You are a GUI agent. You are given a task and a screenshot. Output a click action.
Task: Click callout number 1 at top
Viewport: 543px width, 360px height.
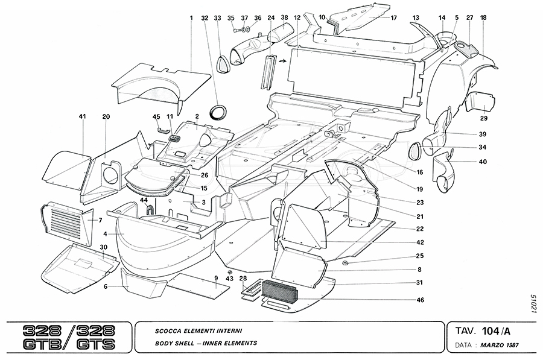click(191, 18)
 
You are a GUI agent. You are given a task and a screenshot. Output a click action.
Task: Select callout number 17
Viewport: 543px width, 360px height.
click(393, 18)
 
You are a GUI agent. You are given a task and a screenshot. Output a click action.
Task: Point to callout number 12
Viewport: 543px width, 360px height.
click(297, 18)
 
